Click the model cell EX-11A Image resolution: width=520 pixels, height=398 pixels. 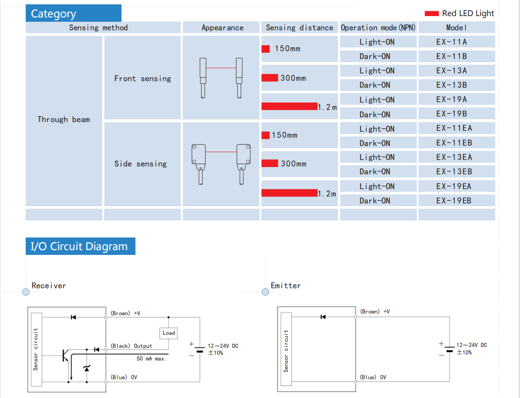(x=456, y=42)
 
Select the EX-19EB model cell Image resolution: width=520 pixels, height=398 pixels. (x=456, y=201)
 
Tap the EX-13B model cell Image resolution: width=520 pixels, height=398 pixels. (x=456, y=85)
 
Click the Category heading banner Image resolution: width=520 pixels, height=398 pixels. (x=73, y=13)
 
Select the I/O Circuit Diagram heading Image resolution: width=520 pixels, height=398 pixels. (x=80, y=246)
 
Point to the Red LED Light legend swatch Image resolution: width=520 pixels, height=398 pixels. (x=431, y=13)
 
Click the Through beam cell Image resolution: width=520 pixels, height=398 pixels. (x=64, y=120)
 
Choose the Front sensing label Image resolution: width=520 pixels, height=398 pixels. (x=142, y=79)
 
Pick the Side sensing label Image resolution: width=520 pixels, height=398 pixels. (x=140, y=164)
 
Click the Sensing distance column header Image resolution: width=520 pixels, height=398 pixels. (x=300, y=27)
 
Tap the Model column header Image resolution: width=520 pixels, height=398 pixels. (x=456, y=27)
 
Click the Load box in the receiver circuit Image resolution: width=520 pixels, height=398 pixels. (x=169, y=333)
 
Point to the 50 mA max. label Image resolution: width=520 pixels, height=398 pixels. (x=152, y=359)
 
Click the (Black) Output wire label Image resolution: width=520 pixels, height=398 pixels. (x=131, y=346)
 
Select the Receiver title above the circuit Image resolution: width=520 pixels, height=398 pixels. (x=49, y=285)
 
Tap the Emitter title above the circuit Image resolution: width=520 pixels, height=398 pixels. (x=286, y=285)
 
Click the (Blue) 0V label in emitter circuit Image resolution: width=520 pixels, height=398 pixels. (x=373, y=377)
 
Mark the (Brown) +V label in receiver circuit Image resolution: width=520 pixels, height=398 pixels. (x=125, y=313)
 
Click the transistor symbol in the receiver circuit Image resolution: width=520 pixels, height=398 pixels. (x=65, y=356)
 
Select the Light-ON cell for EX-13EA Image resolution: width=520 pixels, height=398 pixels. (x=377, y=157)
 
